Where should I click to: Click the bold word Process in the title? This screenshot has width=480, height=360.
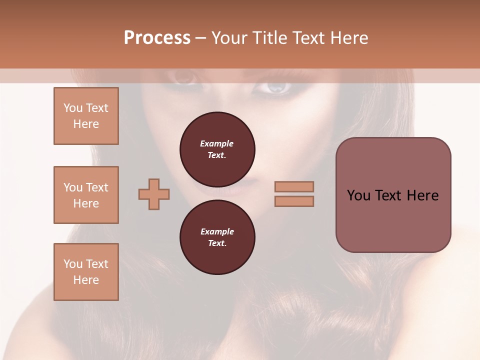click(157, 38)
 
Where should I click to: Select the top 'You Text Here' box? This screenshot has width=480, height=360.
click(86, 116)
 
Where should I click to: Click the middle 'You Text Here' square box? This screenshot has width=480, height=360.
click(86, 195)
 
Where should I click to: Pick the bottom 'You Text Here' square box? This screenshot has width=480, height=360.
click(86, 272)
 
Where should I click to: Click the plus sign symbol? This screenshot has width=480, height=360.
click(154, 194)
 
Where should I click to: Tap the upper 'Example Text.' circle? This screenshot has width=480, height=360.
click(217, 149)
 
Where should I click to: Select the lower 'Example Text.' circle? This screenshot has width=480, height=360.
click(217, 237)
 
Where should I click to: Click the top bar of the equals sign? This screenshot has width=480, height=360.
click(294, 186)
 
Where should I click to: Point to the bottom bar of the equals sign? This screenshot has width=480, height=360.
click(294, 201)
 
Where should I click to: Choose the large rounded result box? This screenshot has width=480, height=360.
click(393, 195)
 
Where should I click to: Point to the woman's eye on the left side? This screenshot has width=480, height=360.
click(182, 77)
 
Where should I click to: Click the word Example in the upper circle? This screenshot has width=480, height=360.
click(216, 143)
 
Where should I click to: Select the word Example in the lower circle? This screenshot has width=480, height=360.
click(217, 231)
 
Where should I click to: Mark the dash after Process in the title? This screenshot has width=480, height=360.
click(201, 38)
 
